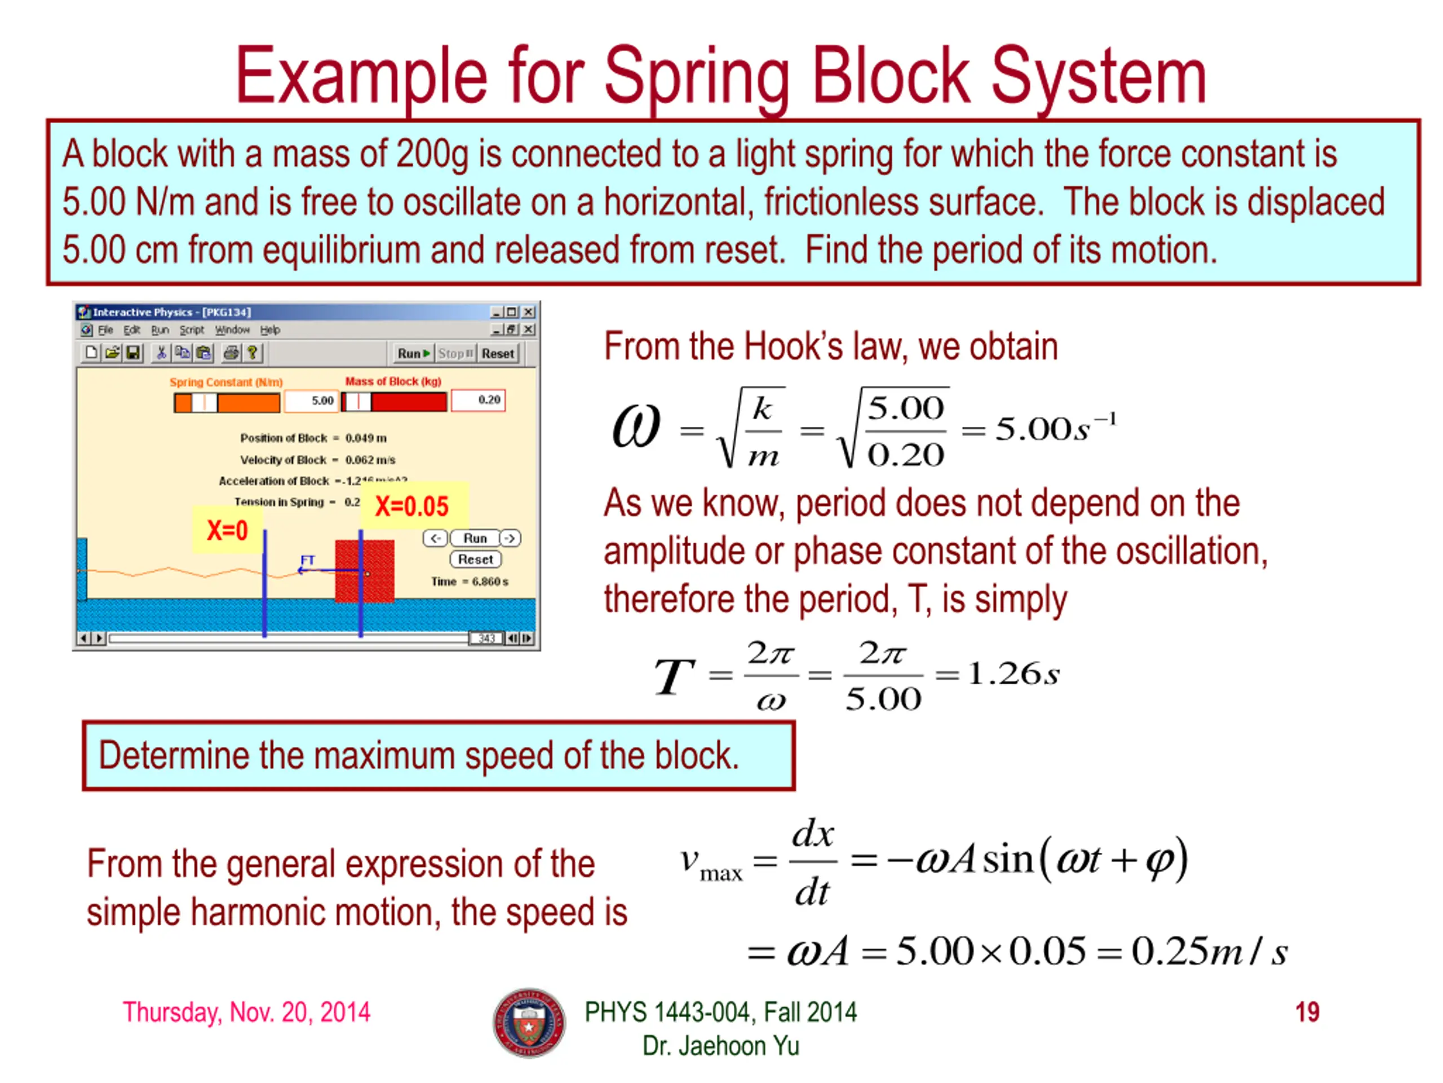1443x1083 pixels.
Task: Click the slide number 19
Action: tap(1307, 1012)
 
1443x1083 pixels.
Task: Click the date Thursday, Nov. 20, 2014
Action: tap(246, 1012)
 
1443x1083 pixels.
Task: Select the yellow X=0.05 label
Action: tap(411, 506)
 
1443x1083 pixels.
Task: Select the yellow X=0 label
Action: tap(227, 530)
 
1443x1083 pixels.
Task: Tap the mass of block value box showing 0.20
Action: tap(478, 400)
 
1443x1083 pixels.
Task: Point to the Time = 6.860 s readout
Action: tap(470, 582)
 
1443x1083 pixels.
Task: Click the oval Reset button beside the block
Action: tap(476, 560)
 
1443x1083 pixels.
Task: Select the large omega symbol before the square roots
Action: tap(636, 426)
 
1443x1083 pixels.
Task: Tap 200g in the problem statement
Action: tap(432, 154)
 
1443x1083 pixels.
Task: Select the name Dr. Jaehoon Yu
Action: tap(721, 1046)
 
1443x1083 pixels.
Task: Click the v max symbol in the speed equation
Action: tap(710, 864)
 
